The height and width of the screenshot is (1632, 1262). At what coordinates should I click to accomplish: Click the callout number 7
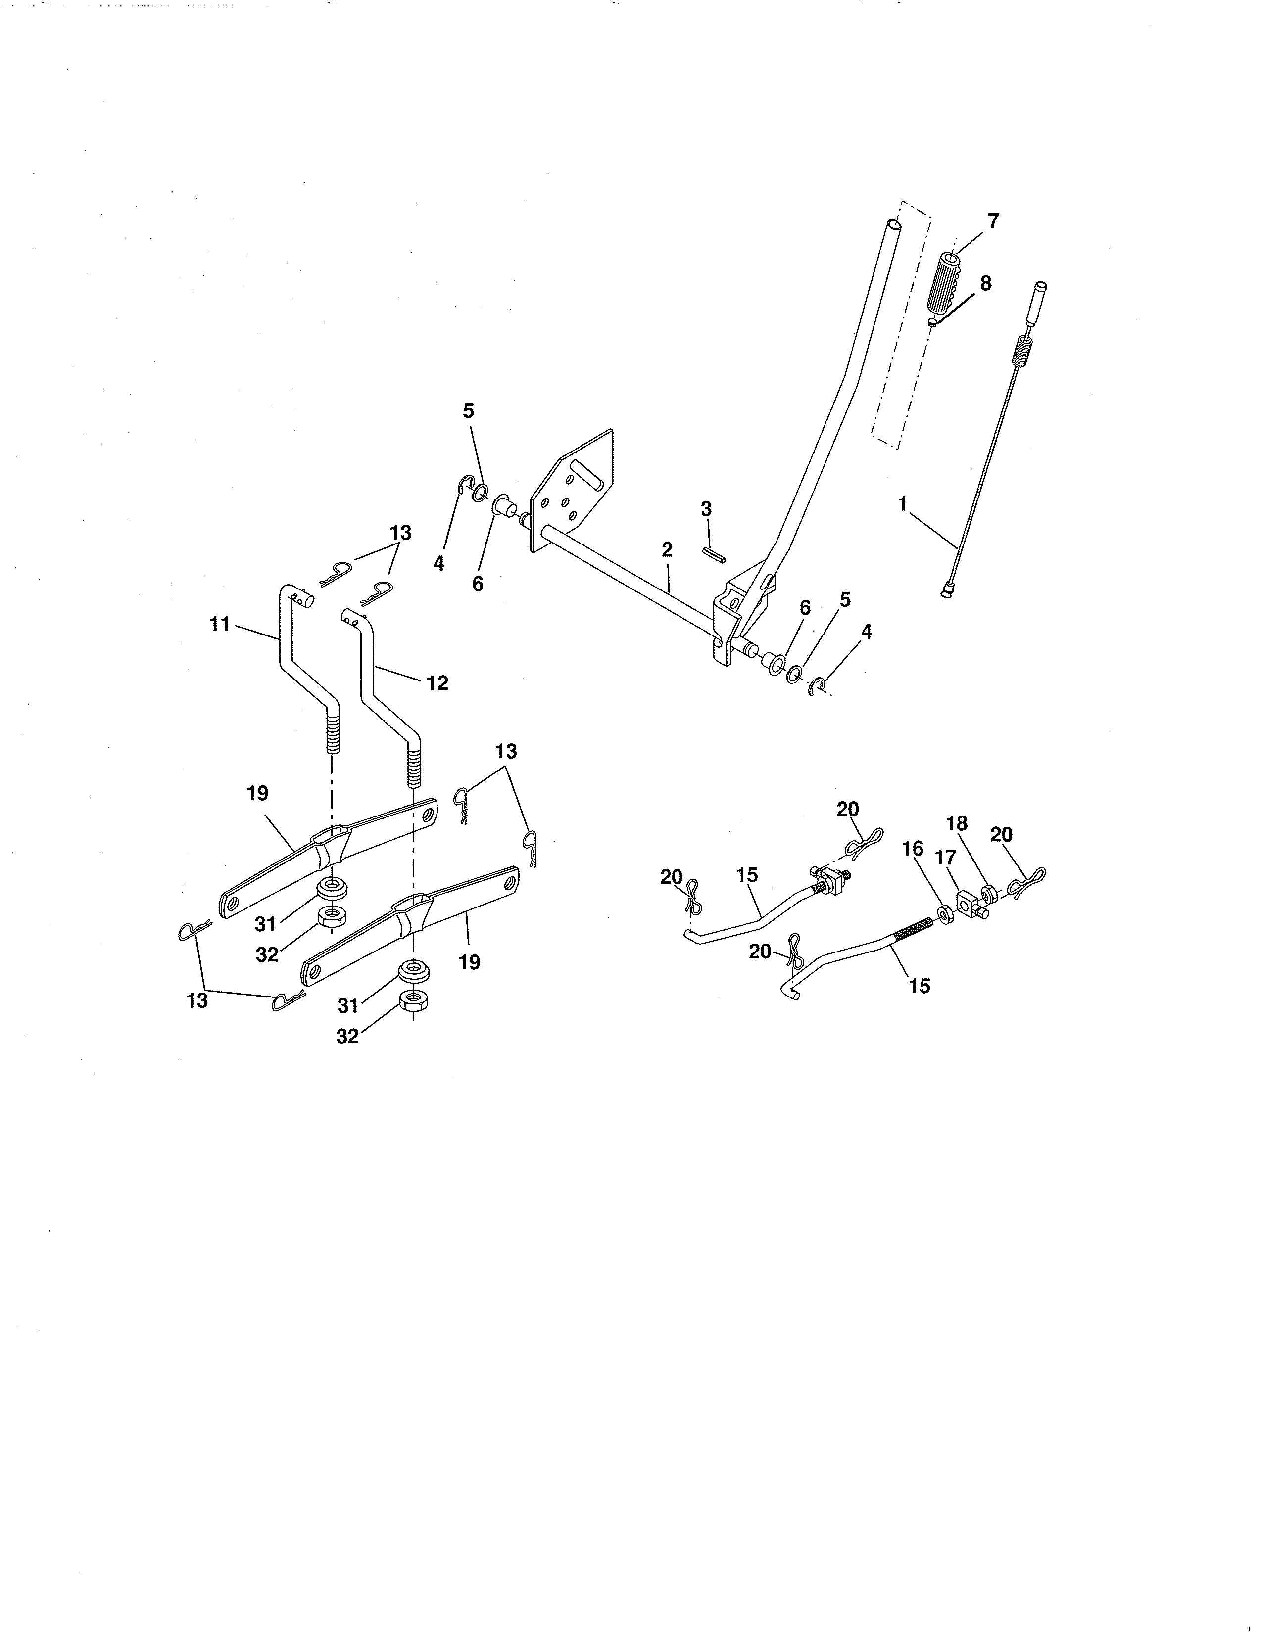click(993, 221)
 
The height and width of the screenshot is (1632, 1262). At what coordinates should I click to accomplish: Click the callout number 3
click(706, 509)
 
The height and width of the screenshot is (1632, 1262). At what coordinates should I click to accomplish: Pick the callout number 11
click(219, 624)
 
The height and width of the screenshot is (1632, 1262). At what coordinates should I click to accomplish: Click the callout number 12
click(437, 682)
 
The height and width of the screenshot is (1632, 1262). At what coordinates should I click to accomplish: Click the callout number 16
click(913, 848)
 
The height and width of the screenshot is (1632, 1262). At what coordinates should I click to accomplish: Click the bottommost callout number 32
click(347, 1037)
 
